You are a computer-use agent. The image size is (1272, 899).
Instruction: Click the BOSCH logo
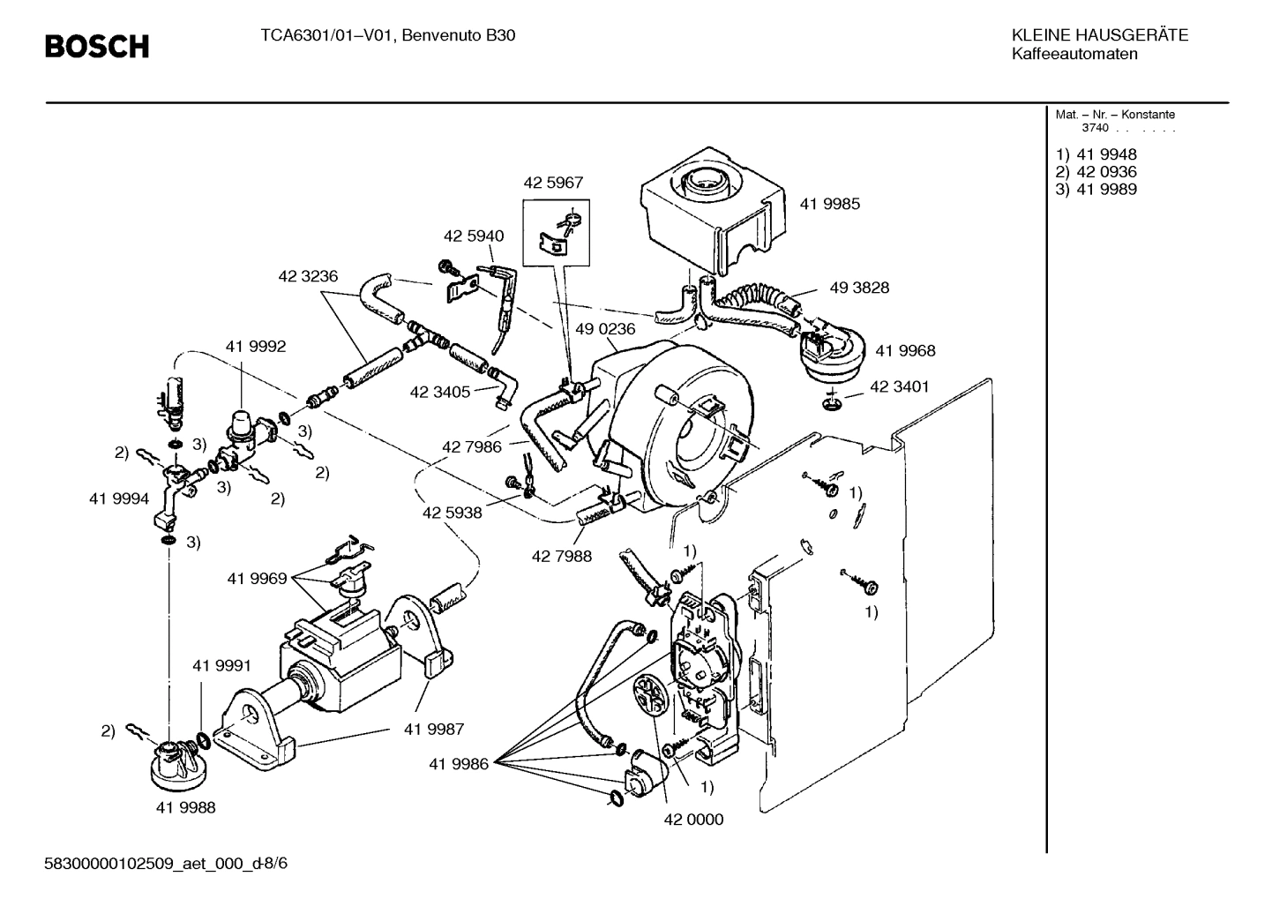coord(97,46)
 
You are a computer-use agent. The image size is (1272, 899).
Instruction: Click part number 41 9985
coord(829,204)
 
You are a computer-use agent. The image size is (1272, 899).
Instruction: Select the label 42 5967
coord(553,183)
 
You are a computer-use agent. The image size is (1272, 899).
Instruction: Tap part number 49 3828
coord(858,288)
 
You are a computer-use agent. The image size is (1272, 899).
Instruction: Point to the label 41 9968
coord(905,350)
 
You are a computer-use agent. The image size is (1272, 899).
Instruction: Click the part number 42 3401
coord(899,386)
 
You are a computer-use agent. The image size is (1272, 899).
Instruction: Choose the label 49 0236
coord(605,329)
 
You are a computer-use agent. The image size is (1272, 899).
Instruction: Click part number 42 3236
coord(308,276)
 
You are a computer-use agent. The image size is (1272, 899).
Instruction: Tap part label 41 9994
coord(119,498)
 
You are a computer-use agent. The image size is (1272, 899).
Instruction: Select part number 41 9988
coord(185,806)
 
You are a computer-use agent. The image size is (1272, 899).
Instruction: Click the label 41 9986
coord(459,764)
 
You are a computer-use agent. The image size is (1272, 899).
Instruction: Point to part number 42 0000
coord(693,819)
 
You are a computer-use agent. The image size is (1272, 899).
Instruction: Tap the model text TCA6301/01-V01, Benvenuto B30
coord(387,36)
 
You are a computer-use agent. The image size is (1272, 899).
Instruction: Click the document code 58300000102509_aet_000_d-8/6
coord(166,863)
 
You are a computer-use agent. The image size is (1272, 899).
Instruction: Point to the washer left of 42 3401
coord(830,404)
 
